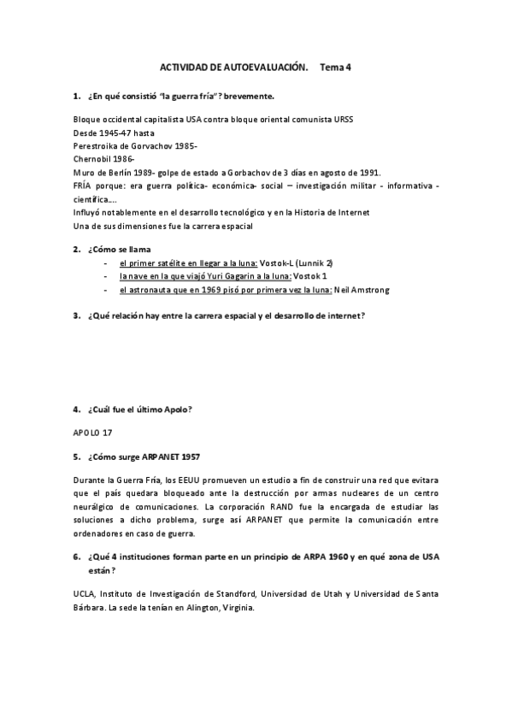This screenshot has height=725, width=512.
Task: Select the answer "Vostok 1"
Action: tap(310, 276)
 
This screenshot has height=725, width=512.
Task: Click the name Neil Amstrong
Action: tap(362, 290)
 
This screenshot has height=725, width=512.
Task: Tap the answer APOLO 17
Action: tap(93, 433)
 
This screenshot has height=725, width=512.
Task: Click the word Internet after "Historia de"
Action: tap(349, 212)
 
